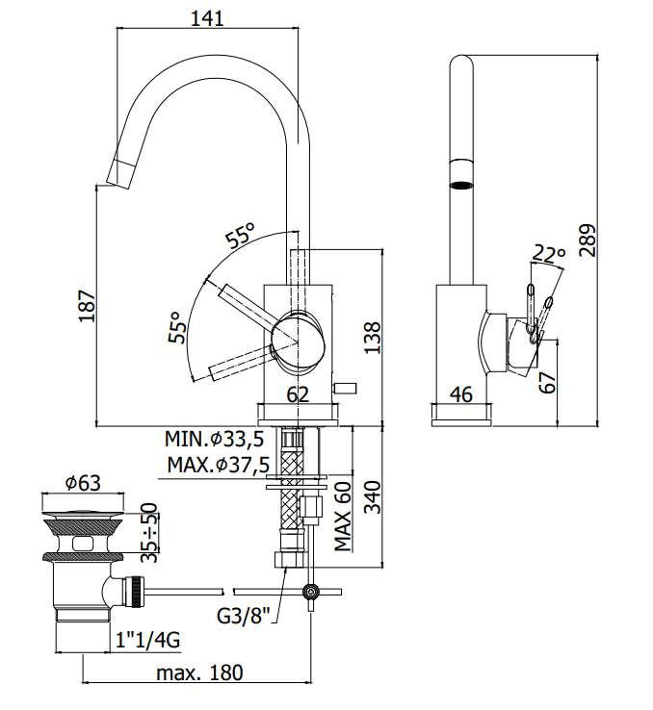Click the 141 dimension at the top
(207, 18)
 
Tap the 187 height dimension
(88, 306)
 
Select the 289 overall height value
(588, 240)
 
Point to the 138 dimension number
(372, 338)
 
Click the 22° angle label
(549, 254)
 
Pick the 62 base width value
(298, 394)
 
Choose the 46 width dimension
(461, 394)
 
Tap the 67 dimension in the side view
(547, 383)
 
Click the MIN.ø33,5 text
(215, 440)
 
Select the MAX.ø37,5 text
(219, 465)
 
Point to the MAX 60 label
(343, 517)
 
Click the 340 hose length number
(373, 497)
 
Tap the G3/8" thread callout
(244, 616)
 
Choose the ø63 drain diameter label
(83, 483)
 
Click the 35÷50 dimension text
(148, 533)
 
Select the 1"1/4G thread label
(147, 641)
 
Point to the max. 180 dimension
(199, 672)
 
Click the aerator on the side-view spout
(461, 185)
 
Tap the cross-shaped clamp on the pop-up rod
(311, 592)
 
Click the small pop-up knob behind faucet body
(345, 388)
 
